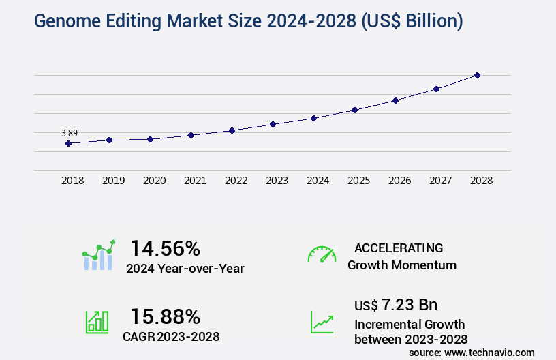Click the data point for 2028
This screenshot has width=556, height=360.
(x=477, y=75)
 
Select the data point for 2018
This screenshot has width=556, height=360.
(x=68, y=143)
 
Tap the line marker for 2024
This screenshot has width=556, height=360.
(x=313, y=118)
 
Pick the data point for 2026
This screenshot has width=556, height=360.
(x=395, y=100)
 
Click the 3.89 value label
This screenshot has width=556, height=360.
(x=69, y=133)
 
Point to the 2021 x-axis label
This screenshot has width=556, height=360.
(x=195, y=181)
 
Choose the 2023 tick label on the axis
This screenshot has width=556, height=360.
(x=277, y=181)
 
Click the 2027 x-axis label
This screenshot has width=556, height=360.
(x=440, y=181)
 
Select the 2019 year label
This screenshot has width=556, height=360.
(x=113, y=181)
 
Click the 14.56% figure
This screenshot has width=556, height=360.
(x=165, y=247)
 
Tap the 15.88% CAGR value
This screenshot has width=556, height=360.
(x=165, y=316)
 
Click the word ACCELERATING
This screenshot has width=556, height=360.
(x=399, y=247)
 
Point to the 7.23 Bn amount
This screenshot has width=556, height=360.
(x=409, y=304)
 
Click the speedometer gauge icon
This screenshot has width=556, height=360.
(x=322, y=254)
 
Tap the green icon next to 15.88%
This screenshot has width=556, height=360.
(x=97, y=321)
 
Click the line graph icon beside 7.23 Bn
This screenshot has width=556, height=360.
(x=322, y=322)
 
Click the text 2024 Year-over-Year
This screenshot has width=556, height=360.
(x=185, y=268)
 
